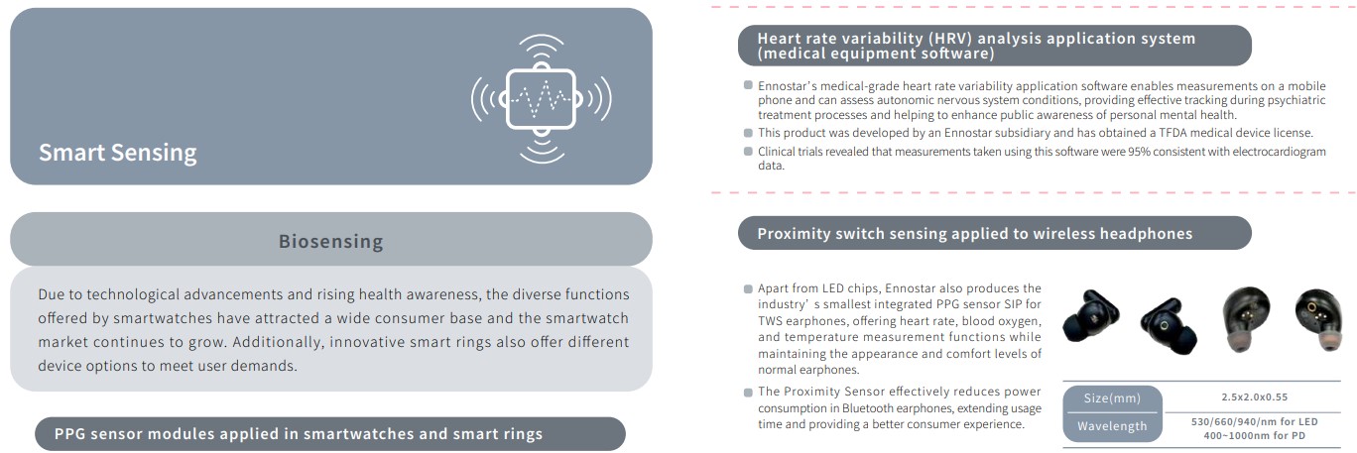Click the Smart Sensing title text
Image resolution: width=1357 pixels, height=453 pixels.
117,153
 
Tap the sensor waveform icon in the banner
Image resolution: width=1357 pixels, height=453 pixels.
541,99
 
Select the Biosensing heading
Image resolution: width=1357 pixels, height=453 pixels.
330,241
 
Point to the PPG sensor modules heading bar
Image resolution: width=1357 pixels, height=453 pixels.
330,433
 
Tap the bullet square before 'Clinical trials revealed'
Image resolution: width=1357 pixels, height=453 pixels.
748,151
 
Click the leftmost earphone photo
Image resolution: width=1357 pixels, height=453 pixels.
1090,316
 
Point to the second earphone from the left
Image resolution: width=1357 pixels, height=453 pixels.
1169,326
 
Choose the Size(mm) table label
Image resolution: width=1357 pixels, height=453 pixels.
1112,397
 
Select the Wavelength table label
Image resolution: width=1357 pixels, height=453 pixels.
1112,426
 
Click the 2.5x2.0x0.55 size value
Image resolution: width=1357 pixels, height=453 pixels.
1254,397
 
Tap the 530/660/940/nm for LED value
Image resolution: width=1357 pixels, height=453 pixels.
1254,421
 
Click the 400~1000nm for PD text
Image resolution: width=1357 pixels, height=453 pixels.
1254,435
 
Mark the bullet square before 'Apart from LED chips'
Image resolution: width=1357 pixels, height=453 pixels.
748,288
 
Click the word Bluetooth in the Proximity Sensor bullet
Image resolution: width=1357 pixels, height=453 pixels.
868,408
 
